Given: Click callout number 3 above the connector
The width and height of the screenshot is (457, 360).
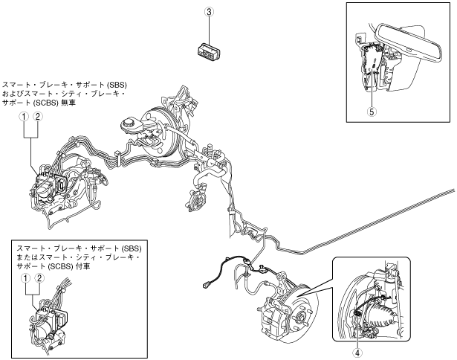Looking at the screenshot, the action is tap(210, 12).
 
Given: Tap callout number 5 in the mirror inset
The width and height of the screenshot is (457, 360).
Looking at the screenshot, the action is tap(372, 112).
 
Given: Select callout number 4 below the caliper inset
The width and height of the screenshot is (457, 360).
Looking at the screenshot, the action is tap(357, 353).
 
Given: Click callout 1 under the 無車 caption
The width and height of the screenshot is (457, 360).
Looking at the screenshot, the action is tap(24, 117).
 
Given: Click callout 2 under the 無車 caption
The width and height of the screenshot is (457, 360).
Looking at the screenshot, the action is tap(38, 117).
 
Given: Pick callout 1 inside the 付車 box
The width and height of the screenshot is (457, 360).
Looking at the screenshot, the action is tap(26, 278).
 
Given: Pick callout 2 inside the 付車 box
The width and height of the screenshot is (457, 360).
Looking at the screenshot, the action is tap(39, 278).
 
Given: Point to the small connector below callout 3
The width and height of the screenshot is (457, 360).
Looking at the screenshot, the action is tap(208, 51).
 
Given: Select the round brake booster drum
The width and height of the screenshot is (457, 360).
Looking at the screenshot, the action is tap(160, 132).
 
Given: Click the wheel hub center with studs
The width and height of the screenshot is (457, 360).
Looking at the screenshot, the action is tap(301, 316).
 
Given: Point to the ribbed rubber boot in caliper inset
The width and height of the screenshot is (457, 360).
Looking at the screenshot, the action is tap(381, 318).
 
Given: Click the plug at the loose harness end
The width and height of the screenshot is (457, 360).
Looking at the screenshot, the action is tap(205, 283).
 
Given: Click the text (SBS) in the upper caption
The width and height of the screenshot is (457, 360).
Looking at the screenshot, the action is tap(117, 85).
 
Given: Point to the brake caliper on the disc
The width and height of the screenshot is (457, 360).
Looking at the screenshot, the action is tap(272, 318).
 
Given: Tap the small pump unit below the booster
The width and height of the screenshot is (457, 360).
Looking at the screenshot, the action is tap(195, 200).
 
